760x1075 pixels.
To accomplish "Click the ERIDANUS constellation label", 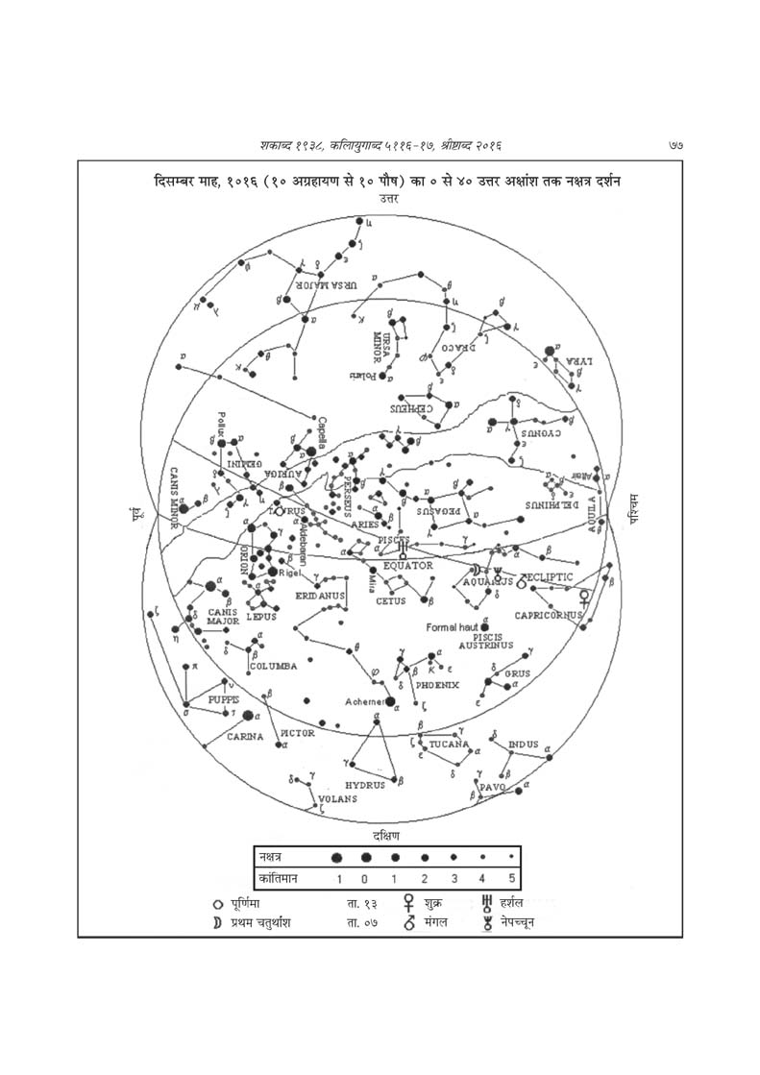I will (319, 596).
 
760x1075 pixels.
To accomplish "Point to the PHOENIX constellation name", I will (437, 685).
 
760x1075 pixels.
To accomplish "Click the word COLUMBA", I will (273, 666).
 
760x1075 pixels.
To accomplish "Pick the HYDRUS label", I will (365, 785).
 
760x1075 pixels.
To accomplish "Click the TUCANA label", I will (449, 745).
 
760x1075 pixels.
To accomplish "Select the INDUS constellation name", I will (524, 743).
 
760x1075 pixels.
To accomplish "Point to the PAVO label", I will (492, 787).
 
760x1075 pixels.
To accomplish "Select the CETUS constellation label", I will (390, 601).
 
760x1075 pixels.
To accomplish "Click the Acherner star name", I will (364, 700).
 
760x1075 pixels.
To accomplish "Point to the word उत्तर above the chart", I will (389, 198).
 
